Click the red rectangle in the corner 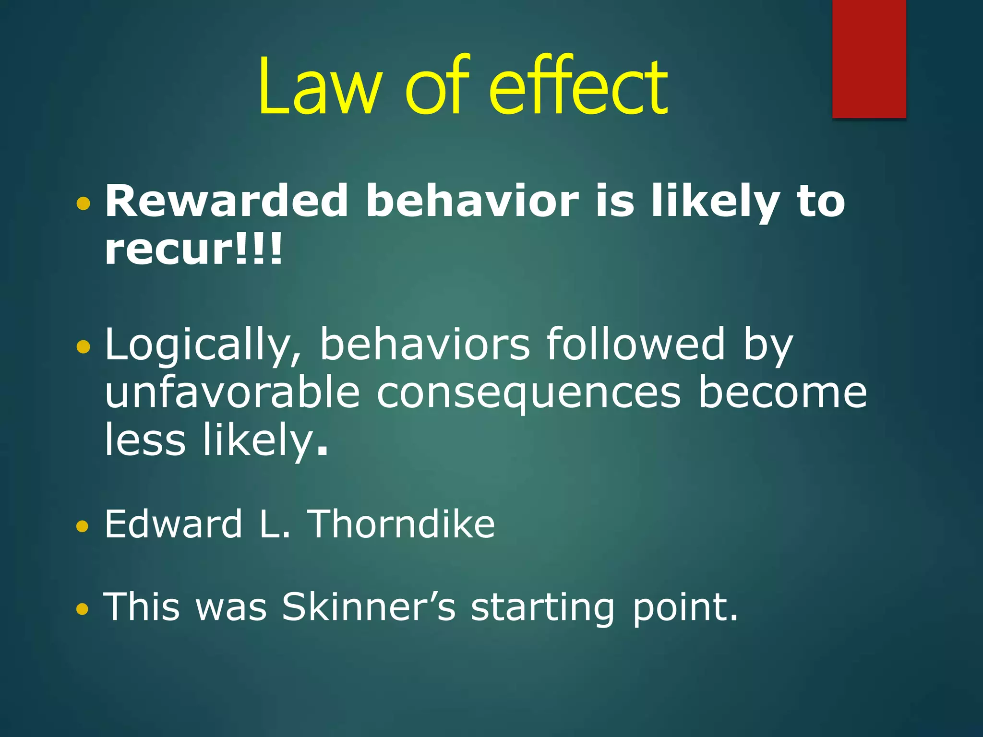[x=869, y=59]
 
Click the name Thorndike [x=401, y=524]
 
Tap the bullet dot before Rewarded [x=83, y=204]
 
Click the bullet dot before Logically [x=83, y=346]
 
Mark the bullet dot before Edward [x=83, y=527]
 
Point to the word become [x=782, y=393]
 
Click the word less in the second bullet [x=145, y=440]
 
